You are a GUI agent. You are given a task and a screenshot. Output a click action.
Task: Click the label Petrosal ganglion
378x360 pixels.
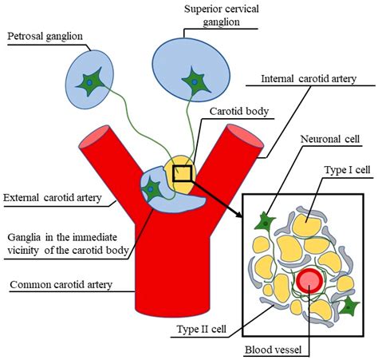pos(45,36)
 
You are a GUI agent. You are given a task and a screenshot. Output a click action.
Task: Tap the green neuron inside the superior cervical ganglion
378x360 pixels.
pos(192,81)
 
